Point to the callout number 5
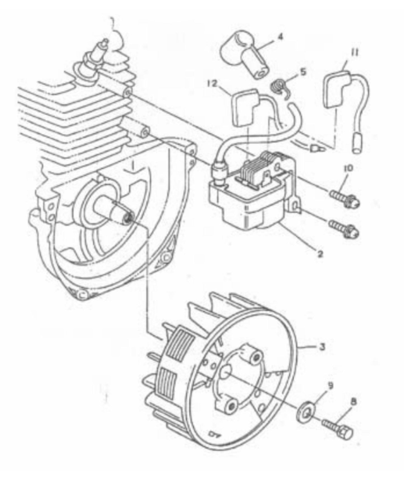[x=303, y=72]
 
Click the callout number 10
[x=349, y=169]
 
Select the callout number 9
[x=330, y=386]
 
